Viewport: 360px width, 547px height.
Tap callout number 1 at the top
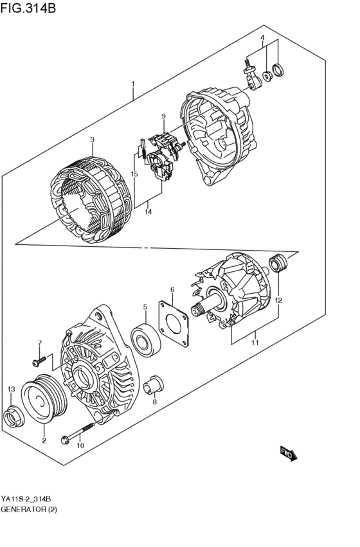tap(133, 84)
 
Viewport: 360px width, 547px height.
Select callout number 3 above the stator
tap(92, 139)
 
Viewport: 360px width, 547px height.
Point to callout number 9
tap(163, 116)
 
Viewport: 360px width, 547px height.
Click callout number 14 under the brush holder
tap(148, 211)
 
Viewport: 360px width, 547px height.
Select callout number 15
tap(134, 175)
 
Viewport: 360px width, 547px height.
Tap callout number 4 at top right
tap(262, 39)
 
